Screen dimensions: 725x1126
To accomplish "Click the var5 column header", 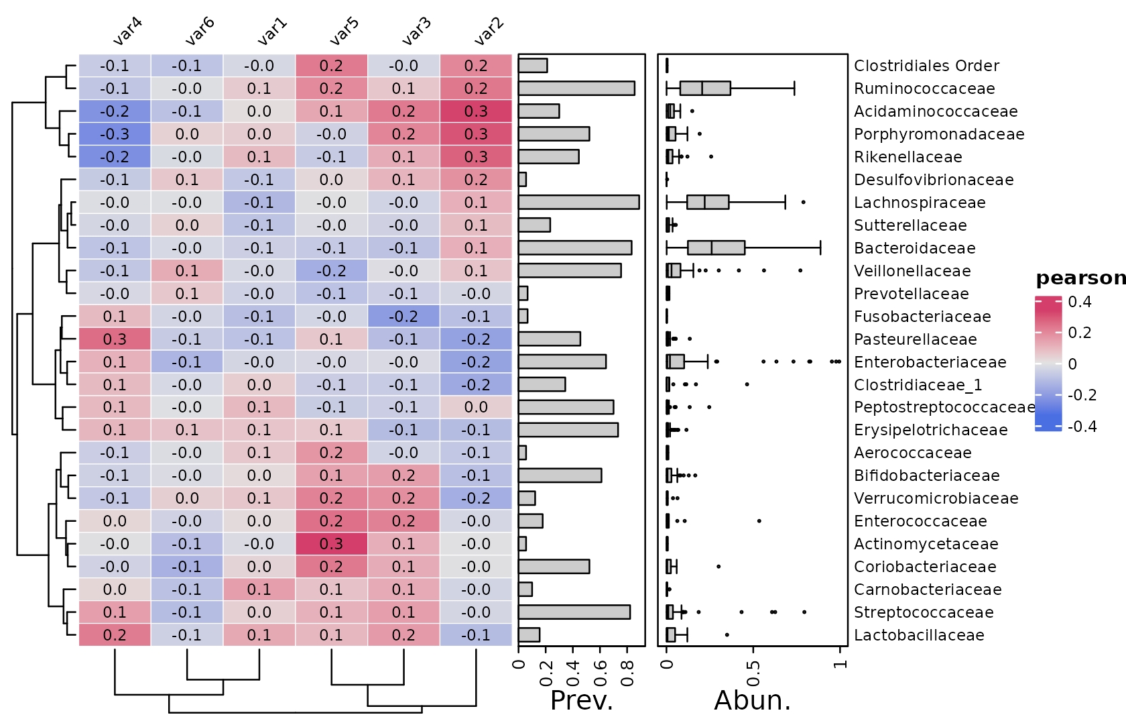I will (345, 32).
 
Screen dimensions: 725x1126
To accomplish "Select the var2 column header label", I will (489, 32).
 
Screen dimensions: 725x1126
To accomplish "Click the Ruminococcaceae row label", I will (924, 89).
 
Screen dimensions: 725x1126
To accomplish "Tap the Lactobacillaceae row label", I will (918, 635).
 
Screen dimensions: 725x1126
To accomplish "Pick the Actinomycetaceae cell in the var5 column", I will (331, 544).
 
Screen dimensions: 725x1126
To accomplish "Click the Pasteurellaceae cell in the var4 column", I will (115, 339).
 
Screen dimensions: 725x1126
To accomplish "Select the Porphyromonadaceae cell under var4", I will (115, 134).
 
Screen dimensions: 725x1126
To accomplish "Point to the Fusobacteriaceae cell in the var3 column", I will (403, 317).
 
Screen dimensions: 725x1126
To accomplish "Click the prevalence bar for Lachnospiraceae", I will (578, 203).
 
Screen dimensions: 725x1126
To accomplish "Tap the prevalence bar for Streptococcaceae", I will (574, 612).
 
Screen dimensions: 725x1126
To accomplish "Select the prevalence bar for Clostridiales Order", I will (532, 66).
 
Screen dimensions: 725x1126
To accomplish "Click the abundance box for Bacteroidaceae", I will (716, 248).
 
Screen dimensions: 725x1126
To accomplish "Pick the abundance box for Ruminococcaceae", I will (705, 89).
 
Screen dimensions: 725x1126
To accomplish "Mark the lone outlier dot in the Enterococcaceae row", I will (759, 521).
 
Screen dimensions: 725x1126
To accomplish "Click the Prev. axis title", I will (581, 700).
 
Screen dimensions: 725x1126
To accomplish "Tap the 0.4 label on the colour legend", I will (1080, 302).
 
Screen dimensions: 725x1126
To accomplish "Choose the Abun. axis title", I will (752, 700).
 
